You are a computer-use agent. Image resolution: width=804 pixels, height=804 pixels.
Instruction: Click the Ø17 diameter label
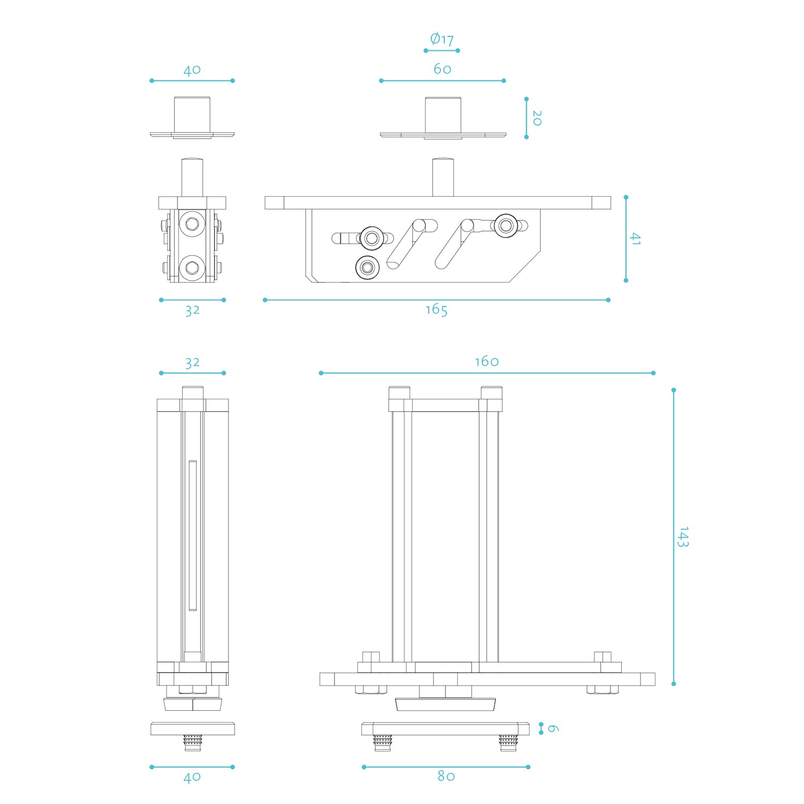click(442, 39)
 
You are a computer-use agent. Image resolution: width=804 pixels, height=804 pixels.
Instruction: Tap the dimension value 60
click(442, 69)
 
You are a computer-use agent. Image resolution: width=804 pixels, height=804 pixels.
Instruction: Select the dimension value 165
click(436, 310)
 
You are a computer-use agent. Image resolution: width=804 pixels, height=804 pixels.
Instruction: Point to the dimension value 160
click(487, 362)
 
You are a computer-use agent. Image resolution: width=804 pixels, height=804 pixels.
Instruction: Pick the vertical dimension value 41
click(635, 239)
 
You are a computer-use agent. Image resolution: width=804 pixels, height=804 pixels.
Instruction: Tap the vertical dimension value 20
click(537, 118)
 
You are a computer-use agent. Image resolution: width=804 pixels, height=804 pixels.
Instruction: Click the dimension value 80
click(446, 776)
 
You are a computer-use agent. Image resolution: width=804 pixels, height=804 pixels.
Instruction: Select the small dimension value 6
click(553, 729)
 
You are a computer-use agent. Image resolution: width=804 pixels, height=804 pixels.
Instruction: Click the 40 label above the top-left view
click(192, 70)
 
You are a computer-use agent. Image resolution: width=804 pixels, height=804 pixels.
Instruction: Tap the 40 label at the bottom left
click(192, 777)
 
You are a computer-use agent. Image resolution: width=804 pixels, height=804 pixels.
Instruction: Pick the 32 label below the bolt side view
click(192, 310)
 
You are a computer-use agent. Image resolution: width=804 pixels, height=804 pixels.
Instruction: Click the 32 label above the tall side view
click(192, 363)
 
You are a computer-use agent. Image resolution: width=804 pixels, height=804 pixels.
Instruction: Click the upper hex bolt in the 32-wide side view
click(191, 223)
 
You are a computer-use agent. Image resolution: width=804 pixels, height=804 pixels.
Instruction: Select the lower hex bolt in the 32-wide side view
click(191, 267)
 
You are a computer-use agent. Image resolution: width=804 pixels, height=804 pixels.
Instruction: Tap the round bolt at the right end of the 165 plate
click(505, 225)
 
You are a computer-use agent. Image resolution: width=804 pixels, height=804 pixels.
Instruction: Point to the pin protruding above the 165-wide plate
click(443, 177)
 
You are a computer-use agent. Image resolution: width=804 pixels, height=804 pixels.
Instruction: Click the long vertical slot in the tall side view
click(192, 535)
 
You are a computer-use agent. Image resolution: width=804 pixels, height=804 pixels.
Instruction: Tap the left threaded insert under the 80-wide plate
click(383, 742)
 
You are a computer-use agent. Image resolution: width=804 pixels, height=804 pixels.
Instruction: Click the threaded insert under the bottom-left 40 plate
click(192, 742)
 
